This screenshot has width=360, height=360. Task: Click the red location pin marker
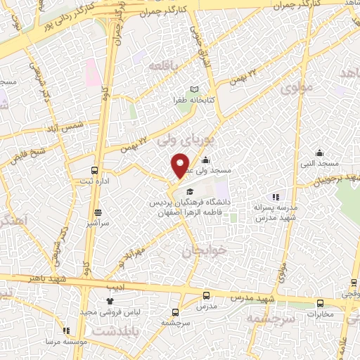[x=180, y=165]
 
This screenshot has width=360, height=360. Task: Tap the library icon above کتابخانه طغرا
[x=195, y=89]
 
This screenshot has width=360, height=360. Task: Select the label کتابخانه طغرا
[x=195, y=100]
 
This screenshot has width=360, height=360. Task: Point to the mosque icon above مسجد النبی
[x=320, y=153]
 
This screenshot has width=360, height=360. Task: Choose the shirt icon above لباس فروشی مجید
[x=110, y=301]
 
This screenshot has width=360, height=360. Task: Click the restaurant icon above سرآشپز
[x=97, y=212]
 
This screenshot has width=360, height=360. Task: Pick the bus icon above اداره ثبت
[x=95, y=170]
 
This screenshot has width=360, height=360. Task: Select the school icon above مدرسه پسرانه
[x=276, y=198]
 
